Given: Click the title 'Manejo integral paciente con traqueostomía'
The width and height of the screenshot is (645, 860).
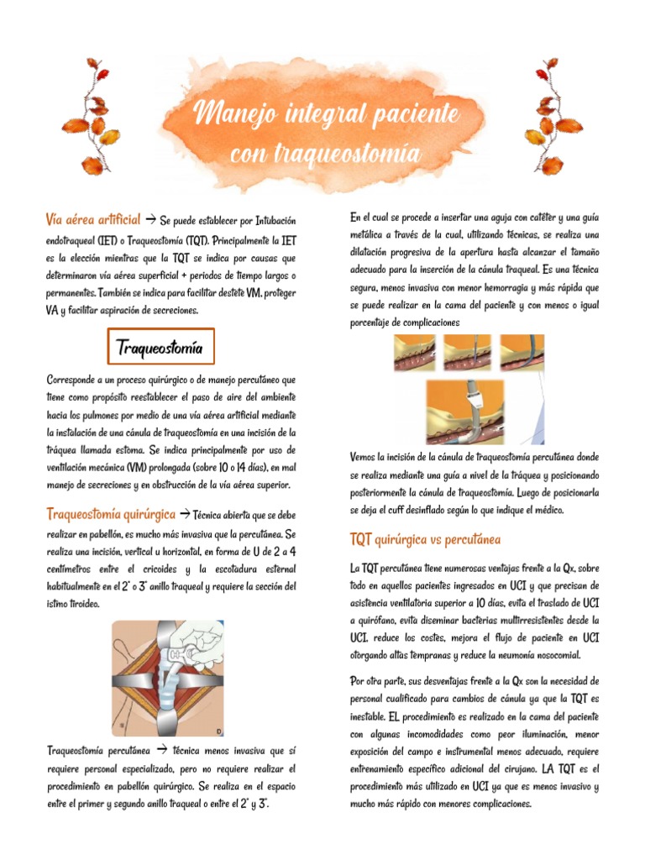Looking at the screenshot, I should point(326,133).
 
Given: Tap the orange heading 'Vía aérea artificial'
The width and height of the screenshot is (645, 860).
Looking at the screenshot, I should point(92,220).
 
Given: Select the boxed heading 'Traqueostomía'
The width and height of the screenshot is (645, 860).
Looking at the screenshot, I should point(160,348).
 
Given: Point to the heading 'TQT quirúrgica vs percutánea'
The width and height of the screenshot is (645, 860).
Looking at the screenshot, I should point(424,539).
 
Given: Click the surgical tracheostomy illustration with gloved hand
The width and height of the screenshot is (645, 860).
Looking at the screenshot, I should point(168,677).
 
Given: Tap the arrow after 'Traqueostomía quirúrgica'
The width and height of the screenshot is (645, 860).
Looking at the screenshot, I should point(184,514).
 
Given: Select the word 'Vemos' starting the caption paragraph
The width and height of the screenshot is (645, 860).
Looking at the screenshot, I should point(365,457).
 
